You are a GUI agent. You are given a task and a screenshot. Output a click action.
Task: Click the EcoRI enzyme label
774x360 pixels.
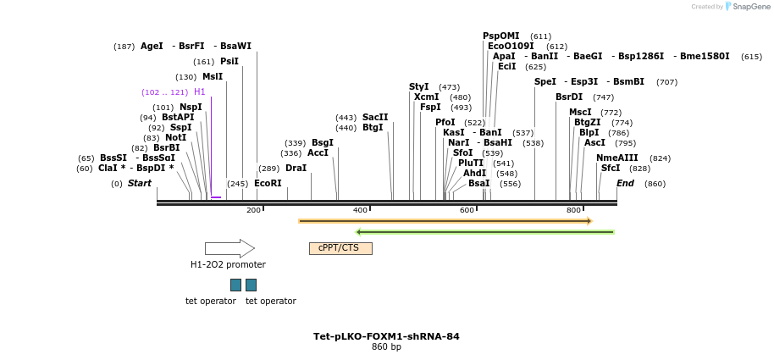point(268,183)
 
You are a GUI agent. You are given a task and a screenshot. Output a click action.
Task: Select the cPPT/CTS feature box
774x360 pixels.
point(340,248)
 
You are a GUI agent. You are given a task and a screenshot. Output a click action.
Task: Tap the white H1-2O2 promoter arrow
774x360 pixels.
point(229,248)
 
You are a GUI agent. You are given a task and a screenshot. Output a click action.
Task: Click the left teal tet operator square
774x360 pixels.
point(235,285)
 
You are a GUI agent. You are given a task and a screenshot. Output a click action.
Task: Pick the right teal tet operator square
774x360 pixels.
point(251,285)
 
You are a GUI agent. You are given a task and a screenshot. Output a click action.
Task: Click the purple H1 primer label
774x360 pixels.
point(200,91)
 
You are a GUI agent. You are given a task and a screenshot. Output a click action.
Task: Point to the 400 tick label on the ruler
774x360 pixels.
point(360,210)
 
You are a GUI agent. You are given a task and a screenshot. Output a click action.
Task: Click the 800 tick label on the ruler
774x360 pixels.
point(573,210)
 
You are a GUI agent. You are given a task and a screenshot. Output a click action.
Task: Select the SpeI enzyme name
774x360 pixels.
point(545,82)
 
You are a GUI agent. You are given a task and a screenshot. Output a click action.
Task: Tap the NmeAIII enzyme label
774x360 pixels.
point(617,158)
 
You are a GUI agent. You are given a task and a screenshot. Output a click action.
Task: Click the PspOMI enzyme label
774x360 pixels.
point(501,36)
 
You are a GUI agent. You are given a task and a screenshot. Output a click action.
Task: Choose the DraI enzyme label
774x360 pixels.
point(296,169)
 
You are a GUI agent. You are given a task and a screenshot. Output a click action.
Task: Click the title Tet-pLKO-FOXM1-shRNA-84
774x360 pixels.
point(386,336)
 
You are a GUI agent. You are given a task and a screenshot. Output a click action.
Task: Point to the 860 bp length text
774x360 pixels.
point(386,347)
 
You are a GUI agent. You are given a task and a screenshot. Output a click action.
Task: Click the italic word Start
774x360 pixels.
point(140,183)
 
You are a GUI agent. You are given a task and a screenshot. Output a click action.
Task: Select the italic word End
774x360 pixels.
point(625,183)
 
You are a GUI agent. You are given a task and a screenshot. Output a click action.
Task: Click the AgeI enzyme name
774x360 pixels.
point(152,47)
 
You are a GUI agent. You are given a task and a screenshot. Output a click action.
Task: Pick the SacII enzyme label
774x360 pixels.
point(375,117)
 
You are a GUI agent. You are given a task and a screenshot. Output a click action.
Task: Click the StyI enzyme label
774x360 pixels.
point(419,87)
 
